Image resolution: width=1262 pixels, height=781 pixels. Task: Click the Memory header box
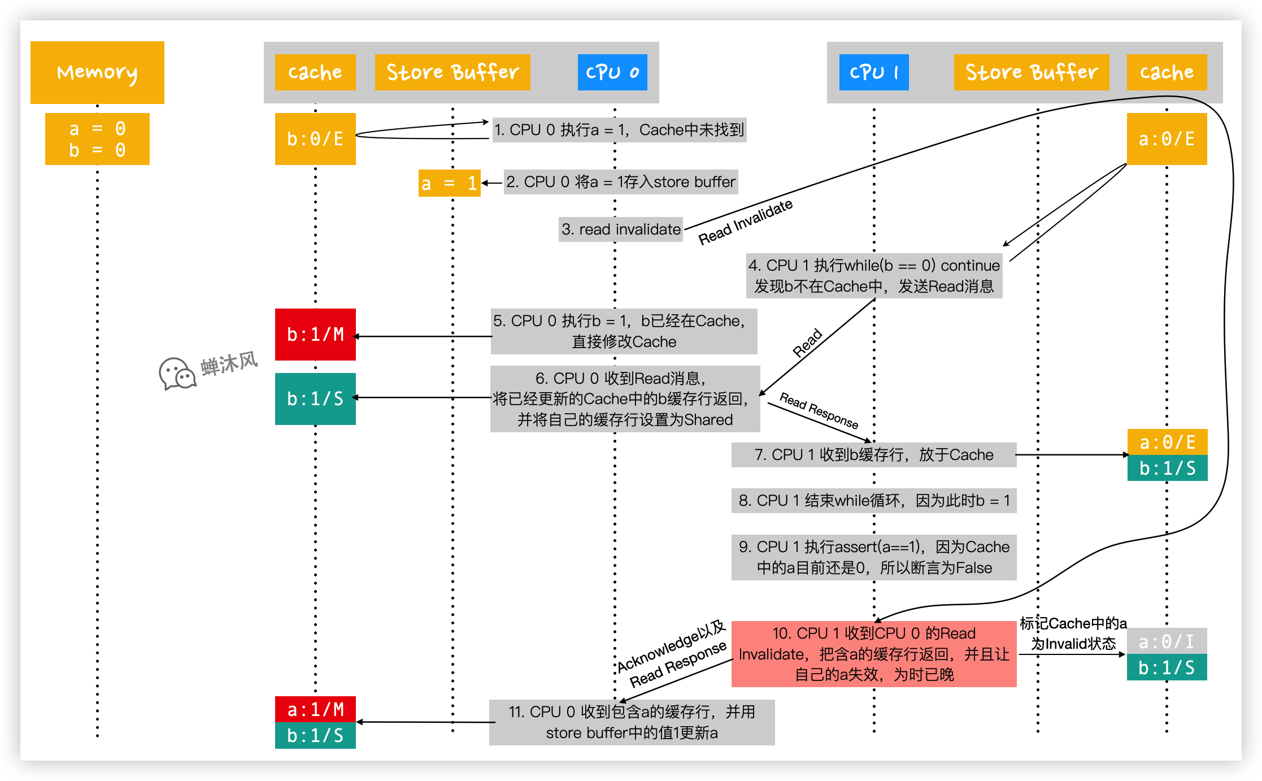coord(97,72)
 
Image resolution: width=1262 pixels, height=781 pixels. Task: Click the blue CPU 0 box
coord(612,72)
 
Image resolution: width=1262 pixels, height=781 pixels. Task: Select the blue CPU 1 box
coord(873,72)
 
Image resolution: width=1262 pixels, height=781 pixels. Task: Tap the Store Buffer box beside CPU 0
coord(452,72)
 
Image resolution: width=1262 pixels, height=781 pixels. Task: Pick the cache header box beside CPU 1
coord(1167,72)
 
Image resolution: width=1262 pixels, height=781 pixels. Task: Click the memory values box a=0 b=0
coord(97,139)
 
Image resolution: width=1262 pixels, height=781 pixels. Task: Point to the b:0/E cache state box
coord(315,139)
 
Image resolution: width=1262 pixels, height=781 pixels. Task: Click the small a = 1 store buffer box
coord(449,183)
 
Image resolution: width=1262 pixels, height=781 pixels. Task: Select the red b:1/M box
coord(315,335)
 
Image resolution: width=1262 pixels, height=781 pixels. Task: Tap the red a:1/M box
coord(315,709)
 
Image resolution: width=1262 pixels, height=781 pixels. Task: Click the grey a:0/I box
coord(1167,641)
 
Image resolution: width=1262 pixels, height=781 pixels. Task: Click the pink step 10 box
coord(873,654)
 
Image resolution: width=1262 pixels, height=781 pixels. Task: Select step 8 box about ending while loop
coord(873,501)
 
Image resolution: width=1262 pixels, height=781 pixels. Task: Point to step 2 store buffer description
coord(620,182)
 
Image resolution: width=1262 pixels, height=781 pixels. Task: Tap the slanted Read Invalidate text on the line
coord(745,222)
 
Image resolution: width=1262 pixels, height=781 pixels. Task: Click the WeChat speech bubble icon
coord(177,374)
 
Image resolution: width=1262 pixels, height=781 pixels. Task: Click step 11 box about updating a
coord(632,722)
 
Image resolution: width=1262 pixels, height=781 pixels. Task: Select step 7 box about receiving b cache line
coord(873,455)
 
